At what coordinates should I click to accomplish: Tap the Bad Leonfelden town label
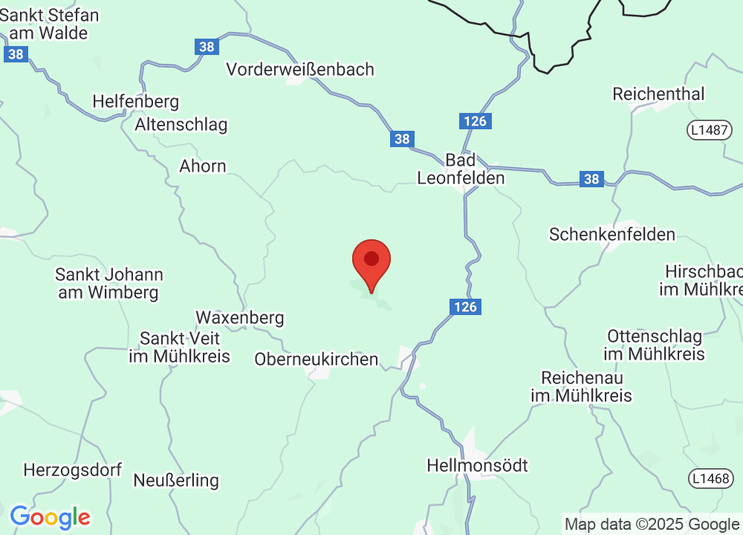point(461,169)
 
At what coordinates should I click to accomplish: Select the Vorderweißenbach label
point(300,70)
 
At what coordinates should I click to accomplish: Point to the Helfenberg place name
point(136,101)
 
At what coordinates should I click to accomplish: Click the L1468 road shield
point(709,478)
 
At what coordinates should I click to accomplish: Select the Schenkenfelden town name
point(612,235)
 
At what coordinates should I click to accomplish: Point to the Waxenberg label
point(239,318)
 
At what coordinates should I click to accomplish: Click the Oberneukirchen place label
point(317,360)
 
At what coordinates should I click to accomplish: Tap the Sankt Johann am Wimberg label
point(108,284)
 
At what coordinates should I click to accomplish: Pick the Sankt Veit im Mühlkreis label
point(179,348)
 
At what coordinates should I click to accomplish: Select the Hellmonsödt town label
point(477,466)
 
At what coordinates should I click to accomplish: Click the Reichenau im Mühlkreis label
point(581,386)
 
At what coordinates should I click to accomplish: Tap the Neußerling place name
point(176,481)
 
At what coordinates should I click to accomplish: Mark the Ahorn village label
point(202,166)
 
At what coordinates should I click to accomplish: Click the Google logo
point(50,516)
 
